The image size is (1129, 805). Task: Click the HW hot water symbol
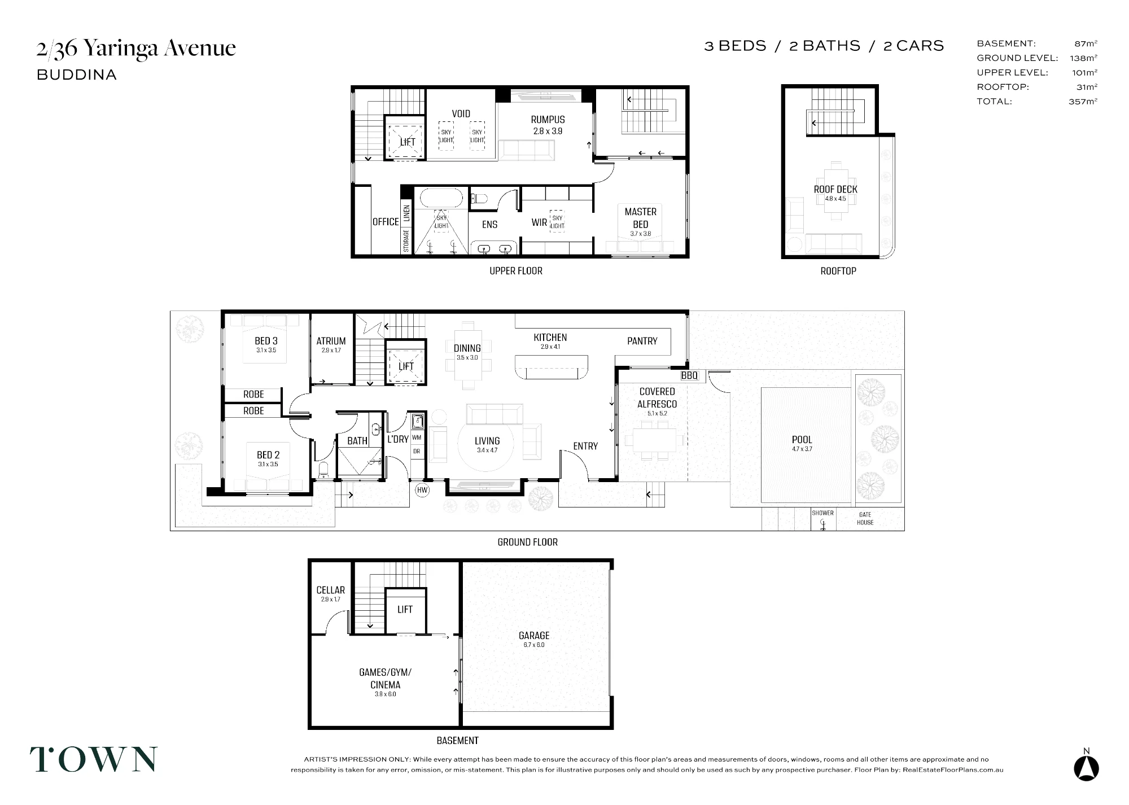point(422,491)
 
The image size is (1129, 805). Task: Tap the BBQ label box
point(689,375)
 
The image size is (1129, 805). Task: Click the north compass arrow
point(1086,768)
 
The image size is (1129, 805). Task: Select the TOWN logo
point(94,759)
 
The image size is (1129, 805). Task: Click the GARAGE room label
point(534,636)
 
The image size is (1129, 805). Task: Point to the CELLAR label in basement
point(330,590)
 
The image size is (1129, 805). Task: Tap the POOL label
point(802,439)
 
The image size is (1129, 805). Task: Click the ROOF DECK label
point(835,189)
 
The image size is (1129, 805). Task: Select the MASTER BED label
point(640,218)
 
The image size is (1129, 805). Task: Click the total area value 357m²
point(1083,102)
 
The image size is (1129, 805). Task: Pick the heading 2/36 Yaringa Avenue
point(136,49)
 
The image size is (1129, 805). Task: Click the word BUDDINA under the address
point(77,75)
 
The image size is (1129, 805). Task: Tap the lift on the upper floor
point(405,138)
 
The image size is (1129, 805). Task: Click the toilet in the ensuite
point(480,198)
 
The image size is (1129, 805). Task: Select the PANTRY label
point(642,341)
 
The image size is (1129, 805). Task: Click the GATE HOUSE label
point(865,518)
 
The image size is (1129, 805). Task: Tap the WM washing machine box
point(417,438)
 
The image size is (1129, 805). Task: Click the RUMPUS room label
point(548,120)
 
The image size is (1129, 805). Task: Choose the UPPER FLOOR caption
point(515,271)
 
